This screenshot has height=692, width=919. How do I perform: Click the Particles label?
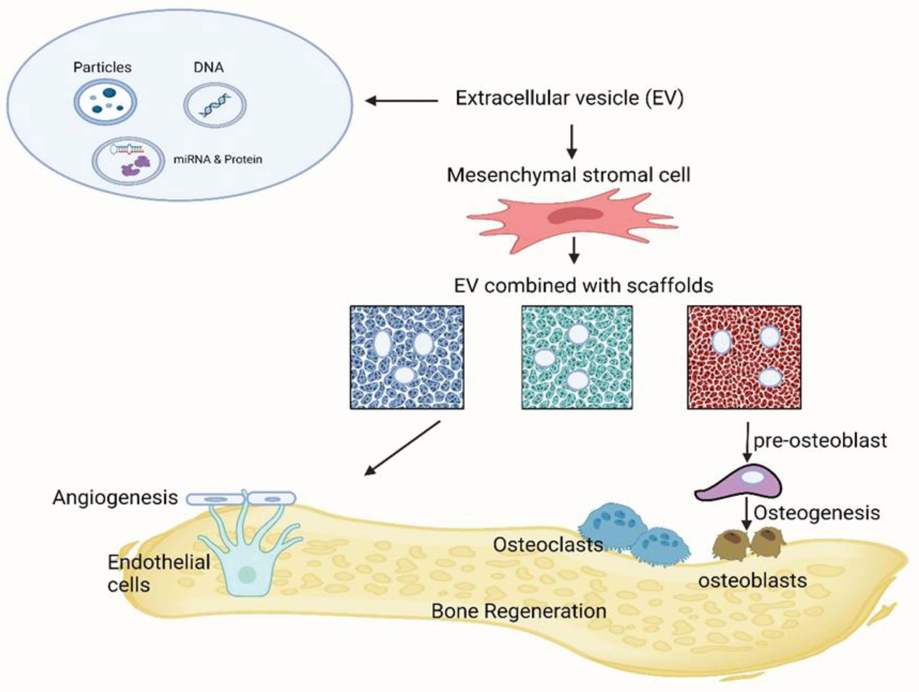(102, 67)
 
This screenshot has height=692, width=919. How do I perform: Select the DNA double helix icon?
(215, 105)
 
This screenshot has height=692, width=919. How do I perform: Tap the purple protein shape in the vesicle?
(135, 165)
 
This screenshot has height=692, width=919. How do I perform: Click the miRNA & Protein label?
(218, 159)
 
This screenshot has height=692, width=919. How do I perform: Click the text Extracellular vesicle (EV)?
(569, 98)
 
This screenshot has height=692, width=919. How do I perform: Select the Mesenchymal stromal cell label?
(568, 175)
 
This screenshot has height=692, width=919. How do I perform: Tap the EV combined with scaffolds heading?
(583, 286)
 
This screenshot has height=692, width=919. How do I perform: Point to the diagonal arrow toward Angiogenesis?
(402, 448)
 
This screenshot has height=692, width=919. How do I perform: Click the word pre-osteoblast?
(820, 441)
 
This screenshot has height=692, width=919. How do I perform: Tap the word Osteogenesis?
(817, 513)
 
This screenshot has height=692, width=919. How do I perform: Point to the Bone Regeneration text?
(518, 611)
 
